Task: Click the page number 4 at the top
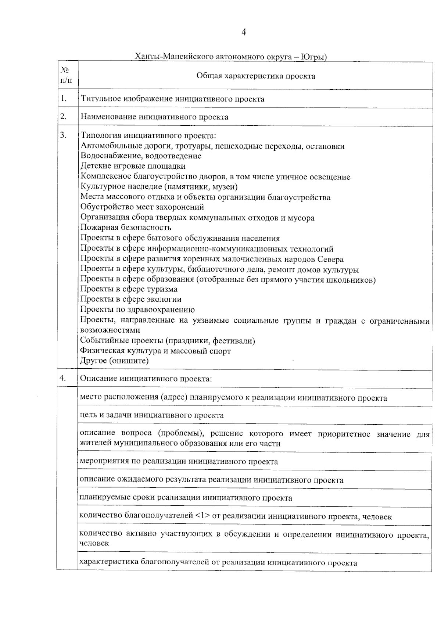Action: point(243,33)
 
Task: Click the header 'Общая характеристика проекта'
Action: point(255,76)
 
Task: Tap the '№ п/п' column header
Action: point(65,75)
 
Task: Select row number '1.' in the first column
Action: point(64,99)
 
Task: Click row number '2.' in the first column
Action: point(64,117)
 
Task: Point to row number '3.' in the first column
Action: point(64,135)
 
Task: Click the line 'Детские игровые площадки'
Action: point(133,166)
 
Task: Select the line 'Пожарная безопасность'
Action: point(126,228)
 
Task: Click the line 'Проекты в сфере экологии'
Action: point(131,299)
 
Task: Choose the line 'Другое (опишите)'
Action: point(114,361)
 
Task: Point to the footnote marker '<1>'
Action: point(203,516)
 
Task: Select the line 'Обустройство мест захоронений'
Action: point(142,207)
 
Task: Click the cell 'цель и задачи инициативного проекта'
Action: point(152,415)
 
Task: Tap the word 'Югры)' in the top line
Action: point(313,57)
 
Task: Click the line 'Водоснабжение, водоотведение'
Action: point(141,156)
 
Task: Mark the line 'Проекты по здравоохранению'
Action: point(137,309)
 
